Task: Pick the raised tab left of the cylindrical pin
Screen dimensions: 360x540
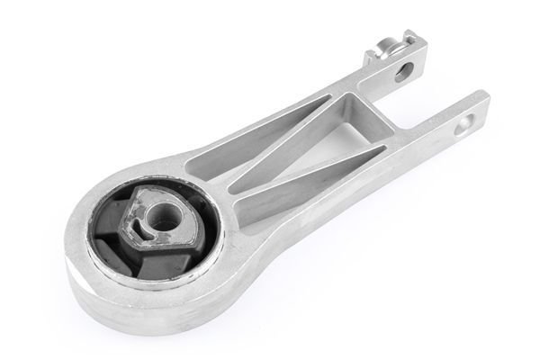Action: [372, 56]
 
